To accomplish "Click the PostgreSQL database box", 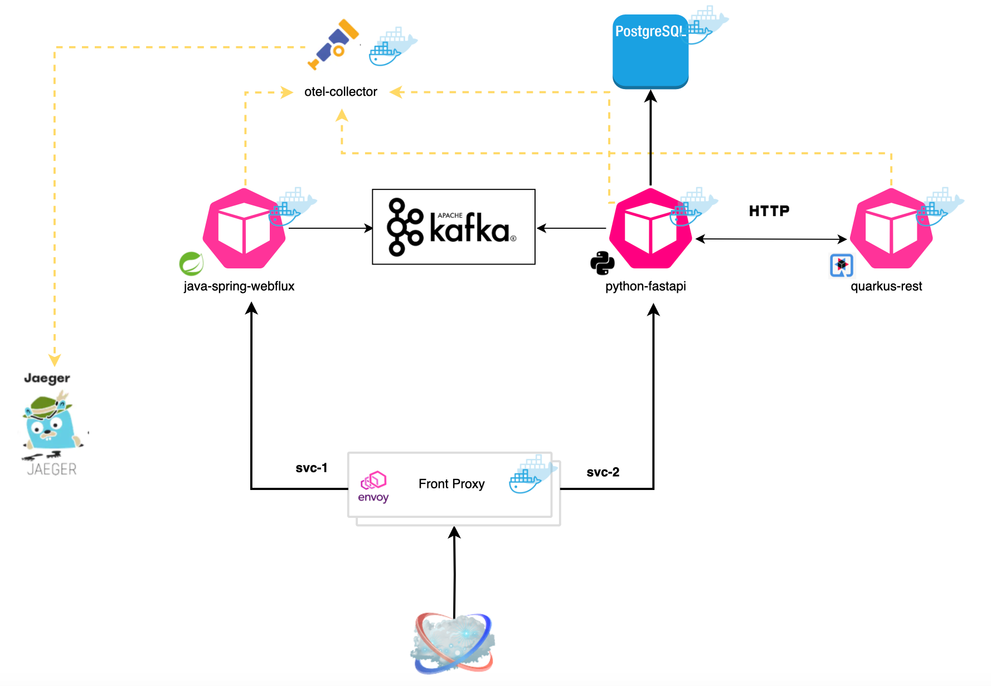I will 650,52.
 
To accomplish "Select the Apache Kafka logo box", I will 453,227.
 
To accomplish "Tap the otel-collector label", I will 341,92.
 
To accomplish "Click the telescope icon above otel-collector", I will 333,45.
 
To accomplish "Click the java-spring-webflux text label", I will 239,286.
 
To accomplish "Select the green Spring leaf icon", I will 191,264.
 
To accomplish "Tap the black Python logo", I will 602,263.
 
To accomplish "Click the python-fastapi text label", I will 645,286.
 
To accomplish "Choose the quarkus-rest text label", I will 886,286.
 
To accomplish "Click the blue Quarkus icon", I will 842,266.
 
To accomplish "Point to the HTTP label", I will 769,211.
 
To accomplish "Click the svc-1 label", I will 311,468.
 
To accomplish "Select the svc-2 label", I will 603,472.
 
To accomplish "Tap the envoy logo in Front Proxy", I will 373,487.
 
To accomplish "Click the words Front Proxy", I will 451,484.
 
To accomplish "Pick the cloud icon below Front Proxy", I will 453,644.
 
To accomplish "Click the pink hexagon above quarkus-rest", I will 891,228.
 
